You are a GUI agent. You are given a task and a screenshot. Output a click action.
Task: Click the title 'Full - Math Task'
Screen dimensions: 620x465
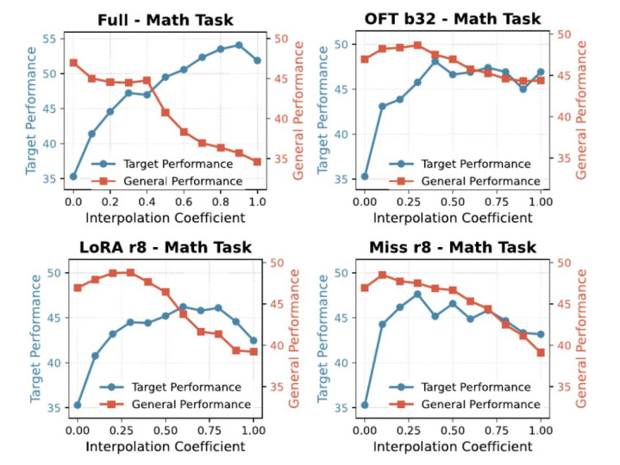click(166, 20)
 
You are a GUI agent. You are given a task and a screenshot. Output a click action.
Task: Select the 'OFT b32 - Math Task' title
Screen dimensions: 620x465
click(453, 19)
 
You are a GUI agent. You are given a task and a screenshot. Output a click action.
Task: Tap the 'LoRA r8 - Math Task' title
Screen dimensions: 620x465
click(166, 247)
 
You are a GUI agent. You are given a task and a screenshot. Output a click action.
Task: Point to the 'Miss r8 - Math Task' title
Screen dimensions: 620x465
click(453, 247)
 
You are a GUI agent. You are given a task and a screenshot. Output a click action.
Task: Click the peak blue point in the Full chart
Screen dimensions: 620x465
click(239, 46)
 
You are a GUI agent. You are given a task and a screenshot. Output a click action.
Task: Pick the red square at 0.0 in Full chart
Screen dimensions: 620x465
click(73, 63)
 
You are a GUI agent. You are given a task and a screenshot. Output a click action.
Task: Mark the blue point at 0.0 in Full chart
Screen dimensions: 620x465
click(73, 177)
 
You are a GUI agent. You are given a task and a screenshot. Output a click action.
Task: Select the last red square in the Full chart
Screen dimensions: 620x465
click(257, 161)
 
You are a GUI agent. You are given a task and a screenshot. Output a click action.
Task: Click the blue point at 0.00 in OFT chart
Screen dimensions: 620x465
click(365, 177)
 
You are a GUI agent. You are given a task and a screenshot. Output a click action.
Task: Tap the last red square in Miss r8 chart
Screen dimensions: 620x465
click(541, 352)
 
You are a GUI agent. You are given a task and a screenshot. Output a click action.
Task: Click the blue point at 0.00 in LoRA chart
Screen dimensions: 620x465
click(78, 406)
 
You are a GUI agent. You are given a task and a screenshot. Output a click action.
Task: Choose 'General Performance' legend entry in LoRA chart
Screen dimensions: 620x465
click(175, 404)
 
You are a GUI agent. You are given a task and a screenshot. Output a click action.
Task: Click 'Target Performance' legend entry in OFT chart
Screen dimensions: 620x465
click(460, 164)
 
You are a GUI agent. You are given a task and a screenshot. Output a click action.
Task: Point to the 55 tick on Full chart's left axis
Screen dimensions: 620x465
click(51, 39)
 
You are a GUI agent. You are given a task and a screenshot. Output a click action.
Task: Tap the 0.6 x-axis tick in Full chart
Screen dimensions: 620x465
click(184, 201)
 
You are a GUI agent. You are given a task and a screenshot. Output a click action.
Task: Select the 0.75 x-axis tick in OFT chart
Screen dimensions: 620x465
click(497, 201)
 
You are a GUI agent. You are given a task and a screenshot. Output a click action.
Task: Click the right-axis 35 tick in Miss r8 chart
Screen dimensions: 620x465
click(563, 387)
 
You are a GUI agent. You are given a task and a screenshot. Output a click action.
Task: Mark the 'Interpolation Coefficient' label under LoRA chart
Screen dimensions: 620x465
click(166, 446)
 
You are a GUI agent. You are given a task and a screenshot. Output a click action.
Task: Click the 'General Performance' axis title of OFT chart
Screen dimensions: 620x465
click(580, 109)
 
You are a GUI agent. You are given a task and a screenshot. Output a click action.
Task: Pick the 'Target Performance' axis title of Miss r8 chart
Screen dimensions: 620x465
click(323, 338)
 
